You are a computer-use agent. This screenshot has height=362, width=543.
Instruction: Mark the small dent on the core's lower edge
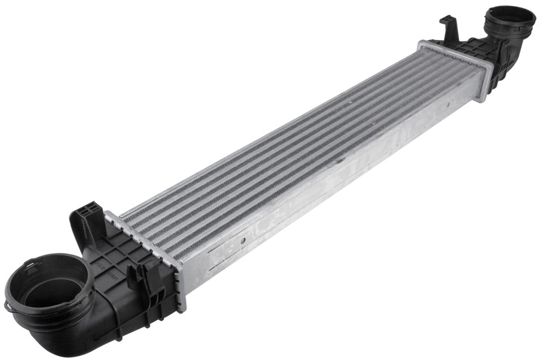[340, 161]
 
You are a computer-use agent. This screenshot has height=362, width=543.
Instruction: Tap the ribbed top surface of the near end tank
[124, 243]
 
